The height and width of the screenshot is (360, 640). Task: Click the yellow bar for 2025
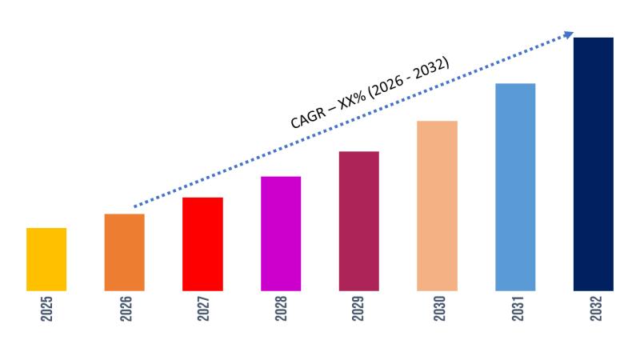tap(46, 259)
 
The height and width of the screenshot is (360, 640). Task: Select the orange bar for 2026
tap(125, 252)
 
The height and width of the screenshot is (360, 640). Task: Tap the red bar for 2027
tap(202, 244)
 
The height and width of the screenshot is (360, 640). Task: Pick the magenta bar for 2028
tap(281, 234)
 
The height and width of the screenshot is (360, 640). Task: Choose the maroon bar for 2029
tap(359, 221)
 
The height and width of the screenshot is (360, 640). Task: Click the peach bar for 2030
tap(438, 206)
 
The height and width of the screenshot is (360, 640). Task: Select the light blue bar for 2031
tap(515, 187)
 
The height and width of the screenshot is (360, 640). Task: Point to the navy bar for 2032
tap(594, 164)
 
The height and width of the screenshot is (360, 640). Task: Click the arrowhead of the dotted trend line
tap(569, 34)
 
